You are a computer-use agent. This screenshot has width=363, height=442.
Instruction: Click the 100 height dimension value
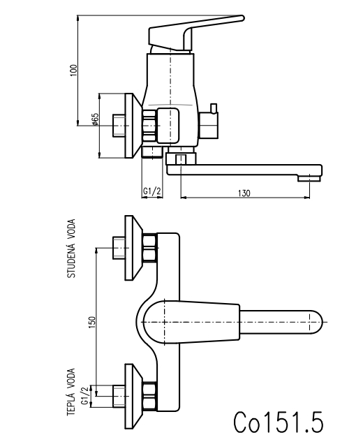coord(73,71)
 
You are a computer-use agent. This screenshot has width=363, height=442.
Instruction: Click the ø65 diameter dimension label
coord(95,119)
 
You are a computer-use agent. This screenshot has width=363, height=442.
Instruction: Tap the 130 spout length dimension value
coord(244,193)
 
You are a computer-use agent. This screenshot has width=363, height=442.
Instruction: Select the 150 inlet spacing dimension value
coord(92,322)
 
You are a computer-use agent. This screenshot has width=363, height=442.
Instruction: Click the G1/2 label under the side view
coord(152,191)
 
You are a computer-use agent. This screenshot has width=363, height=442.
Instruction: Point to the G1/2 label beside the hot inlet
coord(85,396)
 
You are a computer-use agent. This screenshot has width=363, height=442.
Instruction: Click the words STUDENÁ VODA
coord(71,249)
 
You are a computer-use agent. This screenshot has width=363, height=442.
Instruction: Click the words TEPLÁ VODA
coord(71,392)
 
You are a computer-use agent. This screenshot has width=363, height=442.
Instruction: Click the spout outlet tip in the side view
coord(309,178)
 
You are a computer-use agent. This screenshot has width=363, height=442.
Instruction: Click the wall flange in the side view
coord(133,126)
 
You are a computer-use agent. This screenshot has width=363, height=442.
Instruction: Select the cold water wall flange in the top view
coord(133,248)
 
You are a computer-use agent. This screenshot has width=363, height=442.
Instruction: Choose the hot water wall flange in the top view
coord(133,397)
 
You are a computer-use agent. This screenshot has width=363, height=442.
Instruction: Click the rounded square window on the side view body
coord(168,125)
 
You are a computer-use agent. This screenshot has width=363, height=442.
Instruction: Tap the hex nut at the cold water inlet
coord(149,248)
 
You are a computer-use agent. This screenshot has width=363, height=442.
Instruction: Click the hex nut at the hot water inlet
coord(149,397)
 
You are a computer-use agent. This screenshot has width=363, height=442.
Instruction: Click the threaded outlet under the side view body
coord(152,152)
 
